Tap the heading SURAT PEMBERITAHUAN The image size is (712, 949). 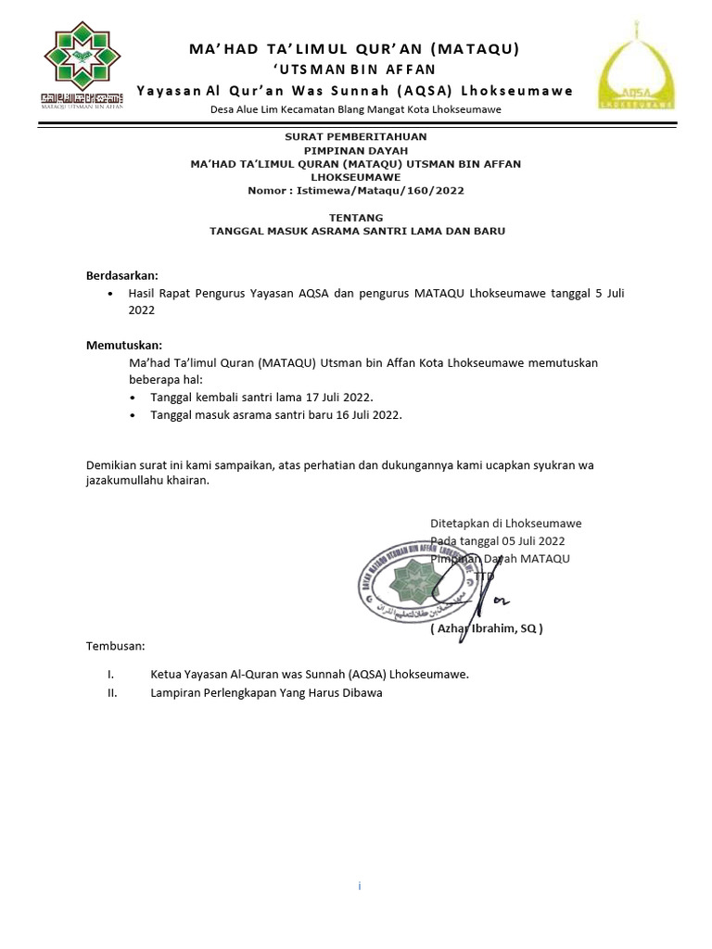click(355, 135)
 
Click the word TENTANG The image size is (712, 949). click(357, 217)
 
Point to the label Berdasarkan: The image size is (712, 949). click(122, 275)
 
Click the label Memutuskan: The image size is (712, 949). click(124, 345)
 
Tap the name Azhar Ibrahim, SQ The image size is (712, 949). click(487, 628)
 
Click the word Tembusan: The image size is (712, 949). click(116, 645)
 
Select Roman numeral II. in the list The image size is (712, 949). click(112, 692)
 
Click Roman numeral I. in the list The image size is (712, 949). click(111, 674)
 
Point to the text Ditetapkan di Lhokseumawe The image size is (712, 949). click(505, 523)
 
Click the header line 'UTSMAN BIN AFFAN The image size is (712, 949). click(355, 69)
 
